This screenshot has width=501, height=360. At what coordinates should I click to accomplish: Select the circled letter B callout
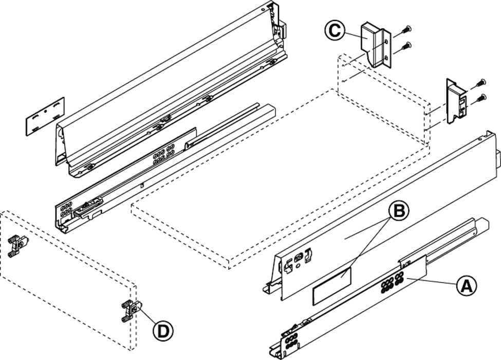coord(399,211)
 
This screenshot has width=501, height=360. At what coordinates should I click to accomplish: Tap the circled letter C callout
coord(335,30)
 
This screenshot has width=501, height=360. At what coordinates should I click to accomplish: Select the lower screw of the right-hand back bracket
coord(481,97)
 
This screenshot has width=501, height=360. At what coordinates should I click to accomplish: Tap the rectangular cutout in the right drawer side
coord(332,285)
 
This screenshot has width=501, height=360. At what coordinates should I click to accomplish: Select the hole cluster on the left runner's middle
coord(163,154)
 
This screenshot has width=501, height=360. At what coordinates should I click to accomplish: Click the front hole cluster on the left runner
coord(66,210)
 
